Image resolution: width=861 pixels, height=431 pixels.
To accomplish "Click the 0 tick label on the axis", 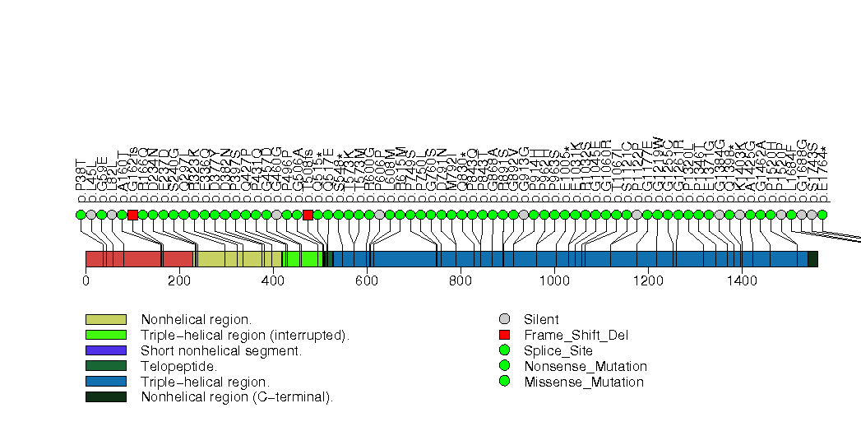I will point(86,281).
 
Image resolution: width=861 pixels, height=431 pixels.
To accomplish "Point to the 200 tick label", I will point(179,281).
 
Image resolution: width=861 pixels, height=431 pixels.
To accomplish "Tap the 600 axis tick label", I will point(367,281).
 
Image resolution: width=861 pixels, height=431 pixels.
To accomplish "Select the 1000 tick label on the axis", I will point(554,281).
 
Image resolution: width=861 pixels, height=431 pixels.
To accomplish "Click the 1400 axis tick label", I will point(742,281).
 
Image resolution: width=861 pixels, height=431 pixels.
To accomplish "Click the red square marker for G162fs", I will point(132,215).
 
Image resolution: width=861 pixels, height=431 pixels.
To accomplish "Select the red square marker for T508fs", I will point(308,215).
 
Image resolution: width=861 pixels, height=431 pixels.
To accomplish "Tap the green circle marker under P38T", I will point(81,215).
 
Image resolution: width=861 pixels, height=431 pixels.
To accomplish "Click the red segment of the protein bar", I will point(138,259).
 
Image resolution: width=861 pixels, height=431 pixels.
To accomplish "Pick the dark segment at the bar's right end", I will point(812,259).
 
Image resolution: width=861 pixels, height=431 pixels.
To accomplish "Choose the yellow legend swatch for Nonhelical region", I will point(105,319).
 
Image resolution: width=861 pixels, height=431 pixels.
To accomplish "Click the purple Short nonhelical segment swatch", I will point(105,350).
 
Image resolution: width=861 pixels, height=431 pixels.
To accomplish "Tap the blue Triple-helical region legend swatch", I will point(105,382).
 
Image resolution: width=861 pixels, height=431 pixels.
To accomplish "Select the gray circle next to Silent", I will point(505,319).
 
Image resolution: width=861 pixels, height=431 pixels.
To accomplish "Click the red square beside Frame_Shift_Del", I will point(505,335).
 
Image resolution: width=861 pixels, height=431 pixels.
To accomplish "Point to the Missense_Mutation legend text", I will point(584,382).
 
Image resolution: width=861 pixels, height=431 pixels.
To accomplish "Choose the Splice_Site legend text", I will point(558,350).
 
